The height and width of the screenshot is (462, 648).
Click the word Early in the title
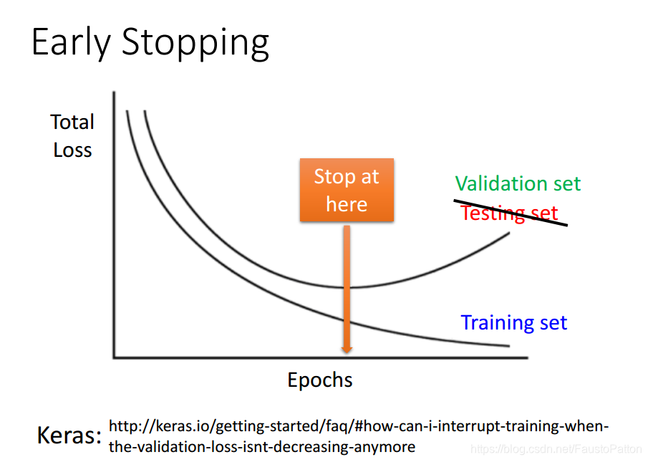(x=71, y=42)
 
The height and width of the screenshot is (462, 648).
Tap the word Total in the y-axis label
(x=72, y=122)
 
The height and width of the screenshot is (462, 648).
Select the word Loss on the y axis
(x=72, y=150)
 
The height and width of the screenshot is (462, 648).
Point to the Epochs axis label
(x=320, y=380)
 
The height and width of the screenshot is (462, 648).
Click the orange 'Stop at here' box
(x=347, y=190)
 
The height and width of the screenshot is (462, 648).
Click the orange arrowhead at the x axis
(x=347, y=350)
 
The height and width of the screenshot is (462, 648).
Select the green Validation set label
(x=518, y=183)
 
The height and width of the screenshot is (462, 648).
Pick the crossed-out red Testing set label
(x=510, y=213)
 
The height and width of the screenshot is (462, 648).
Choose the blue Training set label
(x=513, y=323)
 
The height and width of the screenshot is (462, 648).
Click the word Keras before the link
(x=69, y=435)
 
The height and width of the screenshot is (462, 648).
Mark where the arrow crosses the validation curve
(x=347, y=287)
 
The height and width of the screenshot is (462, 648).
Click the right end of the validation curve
(x=510, y=233)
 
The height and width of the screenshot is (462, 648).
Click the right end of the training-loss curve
(x=510, y=346)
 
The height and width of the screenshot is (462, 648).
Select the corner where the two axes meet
(x=114, y=357)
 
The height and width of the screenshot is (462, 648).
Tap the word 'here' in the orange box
(x=347, y=204)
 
